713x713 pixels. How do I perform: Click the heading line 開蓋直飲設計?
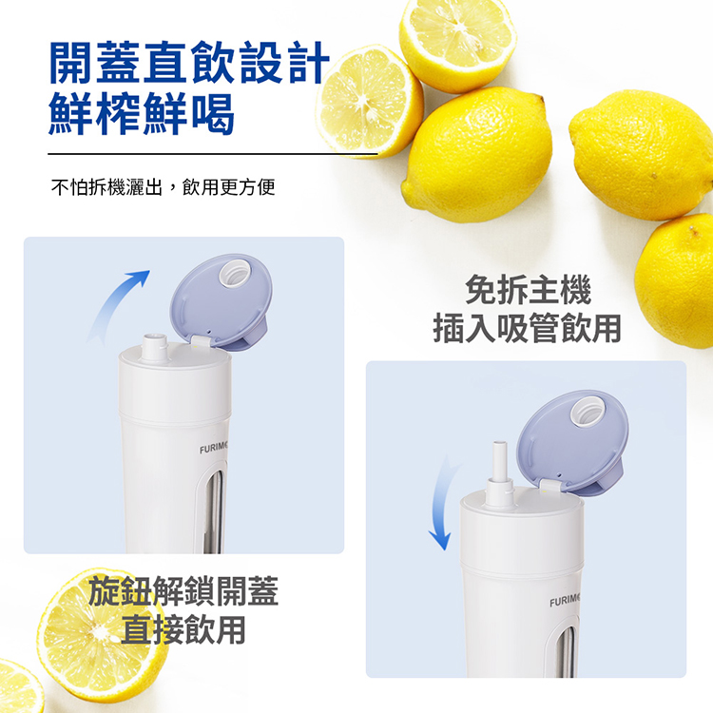189,63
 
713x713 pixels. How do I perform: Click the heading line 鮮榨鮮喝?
142,113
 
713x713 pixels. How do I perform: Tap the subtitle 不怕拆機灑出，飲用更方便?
164,187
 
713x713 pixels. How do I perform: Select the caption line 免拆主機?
528,290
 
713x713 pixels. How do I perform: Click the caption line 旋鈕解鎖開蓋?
183,590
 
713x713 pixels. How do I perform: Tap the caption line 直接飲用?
183,629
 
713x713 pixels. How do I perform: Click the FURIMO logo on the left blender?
213,449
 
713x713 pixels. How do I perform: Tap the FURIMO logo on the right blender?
565,602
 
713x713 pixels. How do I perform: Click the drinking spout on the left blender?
156,348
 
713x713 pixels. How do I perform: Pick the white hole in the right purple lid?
588,412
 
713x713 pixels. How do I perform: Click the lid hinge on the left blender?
200,342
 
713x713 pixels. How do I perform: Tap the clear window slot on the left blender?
214,511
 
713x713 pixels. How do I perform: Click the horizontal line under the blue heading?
213,154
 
